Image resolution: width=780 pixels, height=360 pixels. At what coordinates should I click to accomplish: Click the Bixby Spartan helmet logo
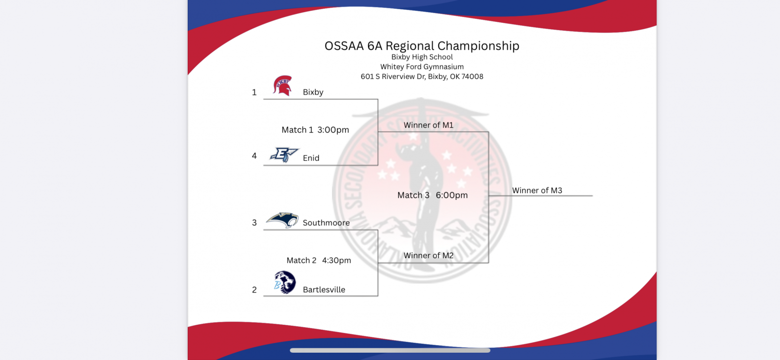(x=282, y=85)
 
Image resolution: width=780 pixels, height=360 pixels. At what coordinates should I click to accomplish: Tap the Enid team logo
(x=284, y=155)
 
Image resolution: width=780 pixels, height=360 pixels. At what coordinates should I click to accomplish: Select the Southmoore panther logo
(x=282, y=220)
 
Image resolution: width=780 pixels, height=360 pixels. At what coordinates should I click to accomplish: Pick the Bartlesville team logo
(x=285, y=282)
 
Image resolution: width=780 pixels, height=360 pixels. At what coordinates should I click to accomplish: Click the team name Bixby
(x=313, y=92)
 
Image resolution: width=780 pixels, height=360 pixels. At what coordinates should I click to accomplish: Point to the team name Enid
(x=311, y=158)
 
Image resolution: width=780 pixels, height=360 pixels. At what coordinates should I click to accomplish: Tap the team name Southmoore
(x=326, y=223)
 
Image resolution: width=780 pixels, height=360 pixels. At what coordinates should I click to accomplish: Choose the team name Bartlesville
(x=324, y=290)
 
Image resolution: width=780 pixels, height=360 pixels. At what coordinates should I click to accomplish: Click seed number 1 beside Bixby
(x=254, y=92)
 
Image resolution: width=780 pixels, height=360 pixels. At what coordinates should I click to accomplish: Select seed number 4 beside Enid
(x=254, y=156)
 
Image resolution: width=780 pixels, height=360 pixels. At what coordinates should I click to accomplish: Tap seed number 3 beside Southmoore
(x=254, y=223)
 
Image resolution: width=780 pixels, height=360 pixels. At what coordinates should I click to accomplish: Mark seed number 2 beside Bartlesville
(x=254, y=290)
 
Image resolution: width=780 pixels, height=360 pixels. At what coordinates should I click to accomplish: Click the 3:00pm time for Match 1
(x=333, y=130)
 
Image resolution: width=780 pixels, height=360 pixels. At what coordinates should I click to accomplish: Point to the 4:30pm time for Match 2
(x=336, y=260)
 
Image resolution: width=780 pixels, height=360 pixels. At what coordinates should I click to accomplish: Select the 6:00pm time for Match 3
(x=451, y=195)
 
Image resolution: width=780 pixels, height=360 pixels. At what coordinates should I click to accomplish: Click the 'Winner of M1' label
(x=429, y=125)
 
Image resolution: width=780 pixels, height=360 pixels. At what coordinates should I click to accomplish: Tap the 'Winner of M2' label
(x=429, y=256)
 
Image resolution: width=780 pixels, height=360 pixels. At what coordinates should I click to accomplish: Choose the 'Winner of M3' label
(x=537, y=190)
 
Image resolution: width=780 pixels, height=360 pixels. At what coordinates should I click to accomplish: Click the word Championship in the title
(x=478, y=46)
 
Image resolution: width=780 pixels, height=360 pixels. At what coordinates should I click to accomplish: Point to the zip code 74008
(x=472, y=77)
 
